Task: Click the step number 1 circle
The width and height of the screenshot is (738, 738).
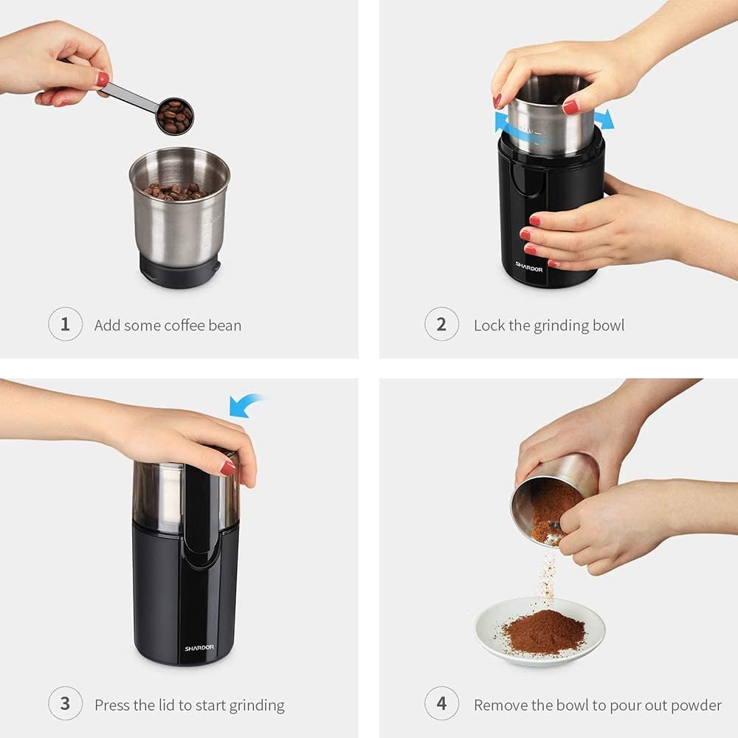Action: [65, 325]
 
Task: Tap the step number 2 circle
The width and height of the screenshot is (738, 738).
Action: [441, 325]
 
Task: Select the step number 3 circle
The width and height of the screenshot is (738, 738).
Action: [65, 703]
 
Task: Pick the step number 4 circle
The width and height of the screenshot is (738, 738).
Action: [441, 703]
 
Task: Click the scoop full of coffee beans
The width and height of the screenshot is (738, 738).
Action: [175, 116]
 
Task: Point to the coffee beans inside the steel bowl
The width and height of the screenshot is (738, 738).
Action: [175, 192]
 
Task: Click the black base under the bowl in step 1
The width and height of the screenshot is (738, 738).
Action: [179, 272]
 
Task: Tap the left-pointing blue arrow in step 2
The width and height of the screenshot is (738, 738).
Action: [505, 121]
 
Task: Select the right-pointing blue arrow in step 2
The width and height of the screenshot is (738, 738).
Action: [604, 119]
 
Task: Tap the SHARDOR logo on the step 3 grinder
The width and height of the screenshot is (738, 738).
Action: [199, 648]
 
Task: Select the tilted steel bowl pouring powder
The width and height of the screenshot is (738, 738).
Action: [553, 494]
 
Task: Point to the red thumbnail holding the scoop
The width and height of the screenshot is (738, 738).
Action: [103, 79]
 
